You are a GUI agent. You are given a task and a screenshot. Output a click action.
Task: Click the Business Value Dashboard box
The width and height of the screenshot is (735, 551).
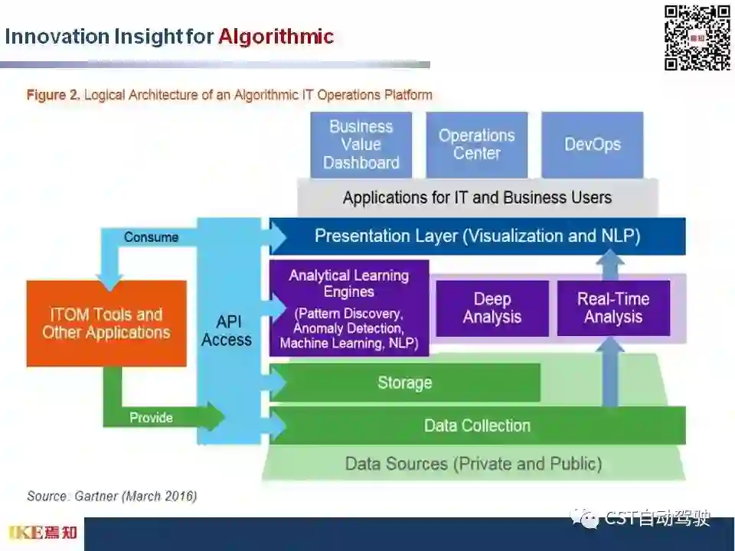point(361,145)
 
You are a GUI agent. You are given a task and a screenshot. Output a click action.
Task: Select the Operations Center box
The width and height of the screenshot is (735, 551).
point(476,145)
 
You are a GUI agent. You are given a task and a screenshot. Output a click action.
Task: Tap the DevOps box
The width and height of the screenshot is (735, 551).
point(592,145)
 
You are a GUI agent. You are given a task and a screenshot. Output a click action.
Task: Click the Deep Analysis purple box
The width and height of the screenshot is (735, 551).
point(492,308)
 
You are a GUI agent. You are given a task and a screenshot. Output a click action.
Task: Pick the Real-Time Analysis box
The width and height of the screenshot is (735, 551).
point(613,308)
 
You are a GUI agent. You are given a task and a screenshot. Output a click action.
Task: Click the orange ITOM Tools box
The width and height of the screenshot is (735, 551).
point(106,323)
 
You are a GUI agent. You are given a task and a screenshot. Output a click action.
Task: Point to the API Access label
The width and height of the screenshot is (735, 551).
point(227,331)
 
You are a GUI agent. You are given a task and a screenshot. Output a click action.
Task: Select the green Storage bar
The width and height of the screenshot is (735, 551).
point(404,383)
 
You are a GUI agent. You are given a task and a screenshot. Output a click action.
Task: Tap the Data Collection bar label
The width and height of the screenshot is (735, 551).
point(477,425)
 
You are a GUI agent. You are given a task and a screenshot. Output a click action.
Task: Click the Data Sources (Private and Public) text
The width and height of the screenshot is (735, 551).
point(473,464)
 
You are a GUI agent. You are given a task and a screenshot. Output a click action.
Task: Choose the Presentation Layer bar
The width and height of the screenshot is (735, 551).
point(477,236)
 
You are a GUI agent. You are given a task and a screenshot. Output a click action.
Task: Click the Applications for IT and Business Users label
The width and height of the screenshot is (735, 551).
point(477,198)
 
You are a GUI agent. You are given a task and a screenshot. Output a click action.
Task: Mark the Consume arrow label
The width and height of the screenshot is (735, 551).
point(151,237)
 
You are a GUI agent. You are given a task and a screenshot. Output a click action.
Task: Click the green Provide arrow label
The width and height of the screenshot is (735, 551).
point(151,418)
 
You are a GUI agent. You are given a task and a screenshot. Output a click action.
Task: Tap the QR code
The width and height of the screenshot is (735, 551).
point(697,37)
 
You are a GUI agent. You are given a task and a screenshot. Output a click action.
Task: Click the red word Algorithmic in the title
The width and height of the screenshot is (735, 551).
point(276,37)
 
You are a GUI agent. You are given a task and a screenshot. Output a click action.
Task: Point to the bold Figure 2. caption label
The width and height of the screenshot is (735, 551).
point(54,96)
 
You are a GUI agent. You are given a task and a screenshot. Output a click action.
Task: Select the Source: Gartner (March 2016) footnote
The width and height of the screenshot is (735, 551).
point(112,497)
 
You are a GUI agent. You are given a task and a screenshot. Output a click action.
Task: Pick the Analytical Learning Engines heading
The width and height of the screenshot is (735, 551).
point(349,283)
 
